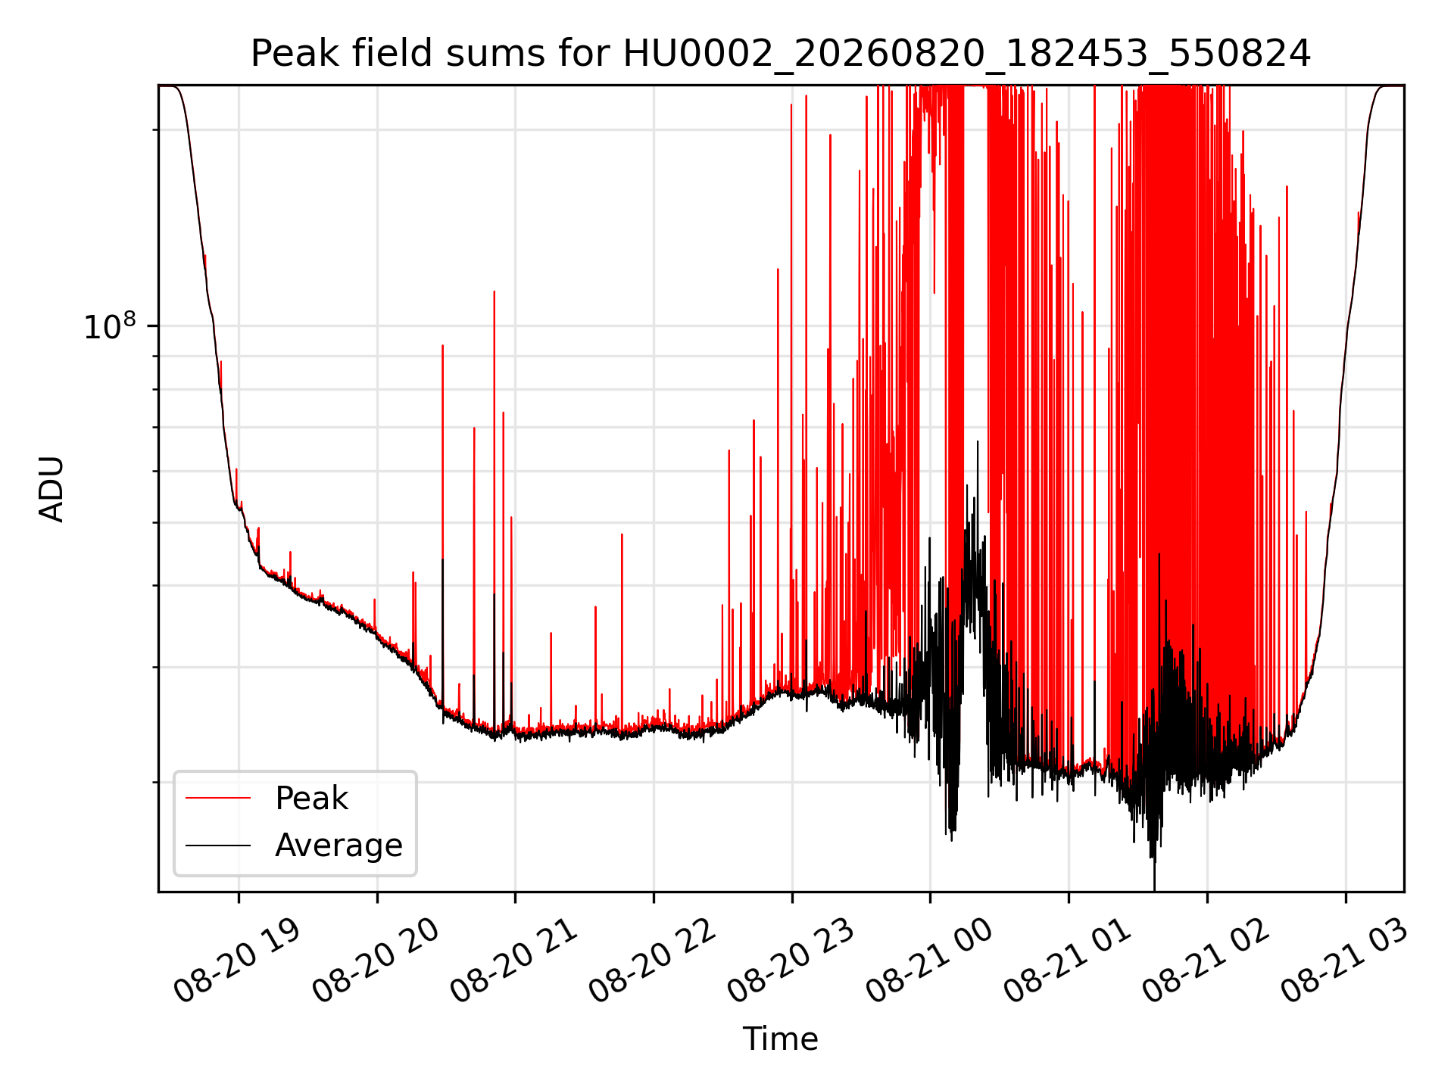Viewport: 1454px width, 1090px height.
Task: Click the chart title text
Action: [780, 54]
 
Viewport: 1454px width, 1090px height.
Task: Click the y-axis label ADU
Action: [51, 489]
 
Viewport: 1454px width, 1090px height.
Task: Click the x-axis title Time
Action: [780, 1039]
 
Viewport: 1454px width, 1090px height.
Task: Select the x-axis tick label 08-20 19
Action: [237, 961]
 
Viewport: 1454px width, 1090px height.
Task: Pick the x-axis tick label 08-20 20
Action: [376, 961]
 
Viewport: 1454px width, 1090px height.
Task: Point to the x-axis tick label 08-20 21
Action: [514, 961]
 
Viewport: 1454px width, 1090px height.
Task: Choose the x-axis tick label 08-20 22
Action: [653, 961]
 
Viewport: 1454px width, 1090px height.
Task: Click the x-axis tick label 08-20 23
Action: [791, 961]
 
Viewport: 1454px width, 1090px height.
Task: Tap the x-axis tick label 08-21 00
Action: [930, 961]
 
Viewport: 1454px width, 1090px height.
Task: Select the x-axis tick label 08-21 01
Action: [1069, 961]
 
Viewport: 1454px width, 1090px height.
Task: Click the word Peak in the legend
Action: [311, 799]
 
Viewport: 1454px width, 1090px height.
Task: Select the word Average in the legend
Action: [339, 846]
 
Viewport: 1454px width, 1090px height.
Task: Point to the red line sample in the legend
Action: [218, 798]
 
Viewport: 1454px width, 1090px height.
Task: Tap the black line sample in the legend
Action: [218, 845]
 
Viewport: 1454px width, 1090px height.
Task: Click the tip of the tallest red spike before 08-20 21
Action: [495, 291]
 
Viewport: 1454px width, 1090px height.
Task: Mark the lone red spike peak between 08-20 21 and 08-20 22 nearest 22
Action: [622, 534]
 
